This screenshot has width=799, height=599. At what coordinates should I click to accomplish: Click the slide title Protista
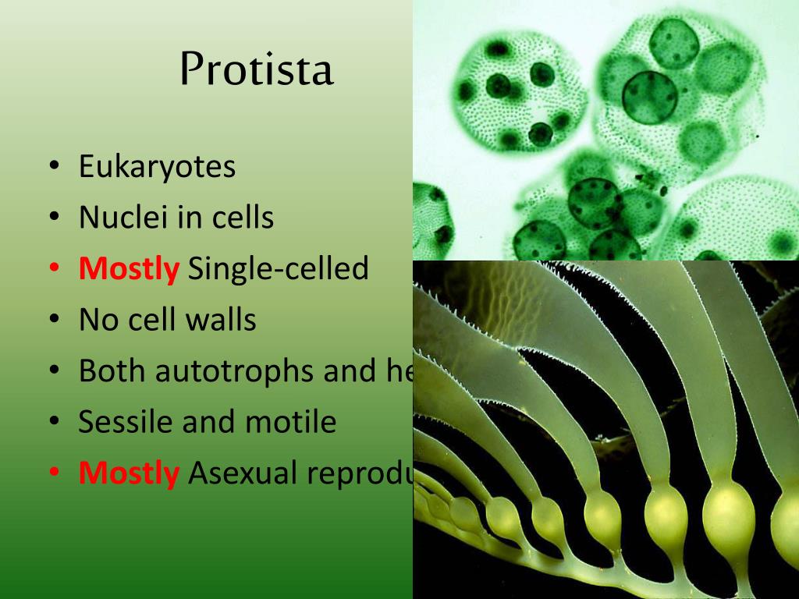coord(256,70)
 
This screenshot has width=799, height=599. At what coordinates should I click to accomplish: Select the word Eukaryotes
coord(157,167)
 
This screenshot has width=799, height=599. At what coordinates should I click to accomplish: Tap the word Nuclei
coord(123,218)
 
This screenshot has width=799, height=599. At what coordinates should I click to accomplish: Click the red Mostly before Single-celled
coord(129,269)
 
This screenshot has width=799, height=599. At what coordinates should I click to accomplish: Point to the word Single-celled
coord(278,269)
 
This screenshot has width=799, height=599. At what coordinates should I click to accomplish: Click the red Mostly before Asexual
coord(129,473)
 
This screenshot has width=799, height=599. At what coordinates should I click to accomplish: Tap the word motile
coord(290,422)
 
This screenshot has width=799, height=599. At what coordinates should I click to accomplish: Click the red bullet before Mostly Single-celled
coord(54,269)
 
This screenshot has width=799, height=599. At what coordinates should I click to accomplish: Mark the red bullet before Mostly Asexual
coord(54,473)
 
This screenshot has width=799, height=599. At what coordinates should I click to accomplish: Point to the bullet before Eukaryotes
coord(54,167)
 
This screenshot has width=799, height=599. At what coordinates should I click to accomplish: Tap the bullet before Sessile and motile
coord(54,422)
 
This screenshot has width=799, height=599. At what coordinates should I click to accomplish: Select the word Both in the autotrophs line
coord(112,371)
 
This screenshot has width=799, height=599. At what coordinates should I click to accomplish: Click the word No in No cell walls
coord(97,320)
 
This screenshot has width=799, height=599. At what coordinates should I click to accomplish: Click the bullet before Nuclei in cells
coord(54,218)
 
